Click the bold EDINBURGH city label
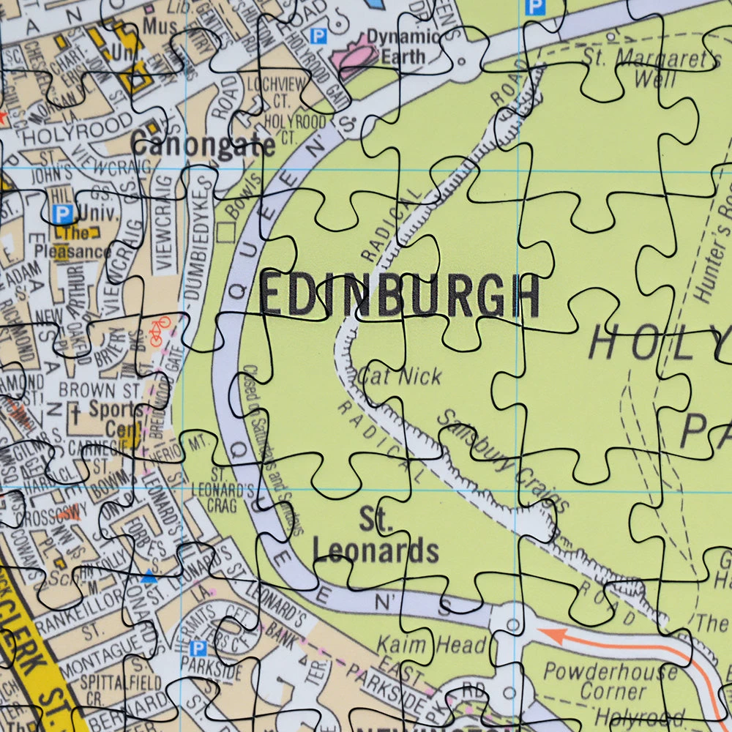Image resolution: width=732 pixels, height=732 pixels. (x=400, y=296)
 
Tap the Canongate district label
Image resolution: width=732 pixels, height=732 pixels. (x=203, y=144)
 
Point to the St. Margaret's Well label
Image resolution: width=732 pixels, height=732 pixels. (x=651, y=67)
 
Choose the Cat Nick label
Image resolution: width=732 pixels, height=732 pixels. (x=400, y=376)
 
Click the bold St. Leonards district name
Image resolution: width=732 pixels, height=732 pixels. (x=376, y=537)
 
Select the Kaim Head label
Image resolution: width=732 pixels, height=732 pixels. (x=431, y=645)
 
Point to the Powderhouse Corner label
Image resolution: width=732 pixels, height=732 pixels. (x=610, y=681)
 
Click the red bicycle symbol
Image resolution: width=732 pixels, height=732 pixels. (x=159, y=330)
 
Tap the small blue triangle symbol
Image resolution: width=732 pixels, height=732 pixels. (x=149, y=578)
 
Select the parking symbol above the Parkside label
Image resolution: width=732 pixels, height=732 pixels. (x=197, y=649)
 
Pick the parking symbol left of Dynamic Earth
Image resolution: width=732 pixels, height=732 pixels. (x=318, y=35)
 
